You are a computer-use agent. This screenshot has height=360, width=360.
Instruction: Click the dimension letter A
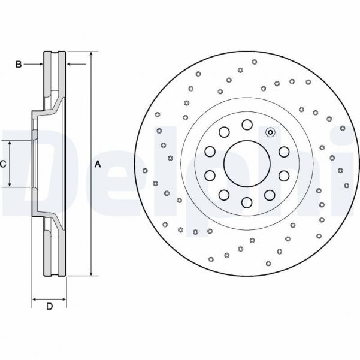click(x=98, y=164)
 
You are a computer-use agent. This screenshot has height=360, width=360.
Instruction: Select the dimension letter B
click(x=19, y=64)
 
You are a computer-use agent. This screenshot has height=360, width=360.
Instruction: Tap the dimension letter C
click(x=3, y=164)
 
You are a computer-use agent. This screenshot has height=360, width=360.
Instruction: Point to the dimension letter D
click(x=50, y=307)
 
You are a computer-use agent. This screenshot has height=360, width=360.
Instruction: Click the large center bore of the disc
click(x=246, y=162)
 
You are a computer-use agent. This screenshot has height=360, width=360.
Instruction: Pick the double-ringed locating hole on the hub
click(x=270, y=132)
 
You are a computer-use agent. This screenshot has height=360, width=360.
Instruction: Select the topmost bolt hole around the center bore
click(x=247, y=124)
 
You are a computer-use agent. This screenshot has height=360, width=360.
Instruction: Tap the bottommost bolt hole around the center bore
click(x=246, y=201)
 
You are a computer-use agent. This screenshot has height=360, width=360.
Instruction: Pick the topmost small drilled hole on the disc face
click(x=255, y=62)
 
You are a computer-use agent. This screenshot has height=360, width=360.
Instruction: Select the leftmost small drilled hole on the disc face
click(x=145, y=171)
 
